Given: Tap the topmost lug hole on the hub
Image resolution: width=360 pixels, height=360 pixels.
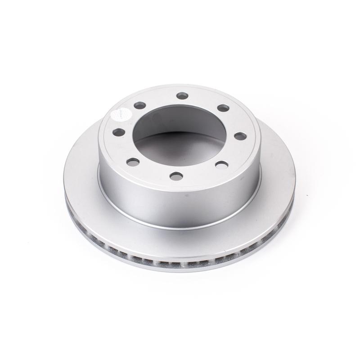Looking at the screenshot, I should click(182, 96).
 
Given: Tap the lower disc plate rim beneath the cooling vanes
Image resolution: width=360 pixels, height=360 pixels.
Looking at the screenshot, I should click(180, 268).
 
